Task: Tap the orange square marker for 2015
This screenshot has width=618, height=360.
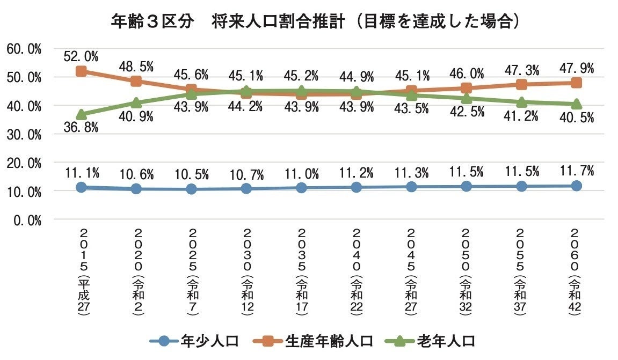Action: pos(81,71)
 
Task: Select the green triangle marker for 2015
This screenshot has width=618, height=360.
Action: pos(81,114)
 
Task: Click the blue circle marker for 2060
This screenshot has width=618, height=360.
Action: pos(576,186)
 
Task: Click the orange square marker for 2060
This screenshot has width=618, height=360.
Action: pos(576,83)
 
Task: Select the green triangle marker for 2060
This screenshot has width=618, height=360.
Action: pos(576,104)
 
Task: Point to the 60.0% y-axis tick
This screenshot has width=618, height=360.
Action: pos(24,49)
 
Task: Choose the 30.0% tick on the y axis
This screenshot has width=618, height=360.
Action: pos(24,134)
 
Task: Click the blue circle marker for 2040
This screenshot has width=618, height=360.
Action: pos(356,187)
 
